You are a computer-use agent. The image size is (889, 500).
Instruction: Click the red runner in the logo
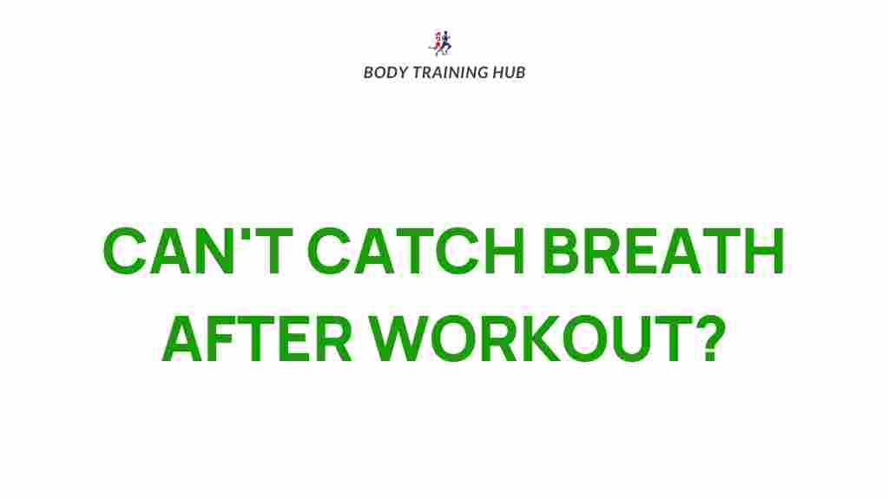(437, 42)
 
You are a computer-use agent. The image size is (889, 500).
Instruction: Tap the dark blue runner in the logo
(446, 43)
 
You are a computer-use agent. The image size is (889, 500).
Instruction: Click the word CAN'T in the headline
(197, 251)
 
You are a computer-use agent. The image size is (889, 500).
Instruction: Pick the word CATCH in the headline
(416, 251)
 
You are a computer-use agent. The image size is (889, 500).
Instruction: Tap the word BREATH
(663, 251)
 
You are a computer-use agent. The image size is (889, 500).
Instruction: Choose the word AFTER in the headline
(257, 339)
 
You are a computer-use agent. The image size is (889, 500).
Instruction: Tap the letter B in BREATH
(563, 251)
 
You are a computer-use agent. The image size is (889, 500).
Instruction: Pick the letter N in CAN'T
(214, 251)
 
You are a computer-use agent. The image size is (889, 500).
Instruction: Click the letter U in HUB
(509, 73)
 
